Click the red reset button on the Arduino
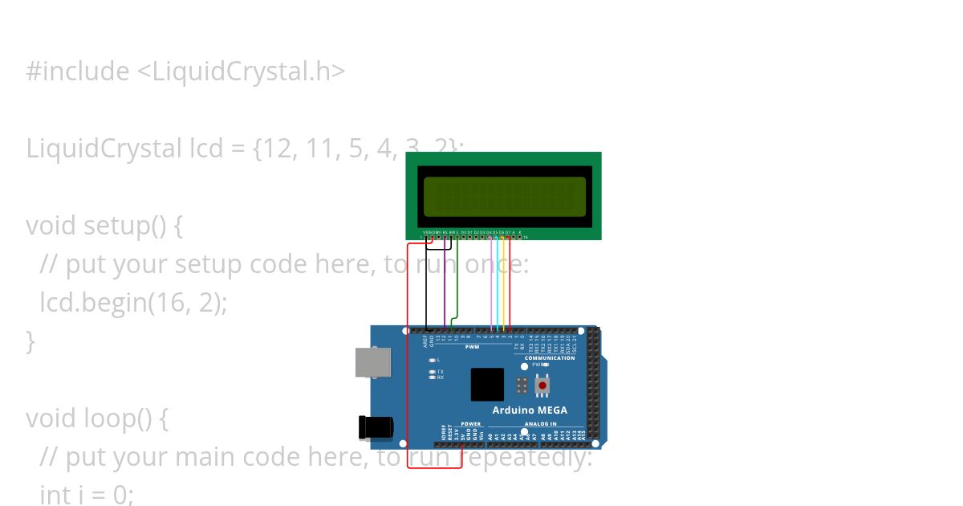(542, 386)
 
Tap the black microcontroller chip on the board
(487, 385)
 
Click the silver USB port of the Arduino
(374, 362)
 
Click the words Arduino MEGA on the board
(530, 410)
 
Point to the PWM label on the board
(472, 347)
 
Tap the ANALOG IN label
(540, 423)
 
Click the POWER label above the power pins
(471, 423)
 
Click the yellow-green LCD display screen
(503, 196)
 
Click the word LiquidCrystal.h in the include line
(241, 71)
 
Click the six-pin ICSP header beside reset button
(522, 385)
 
